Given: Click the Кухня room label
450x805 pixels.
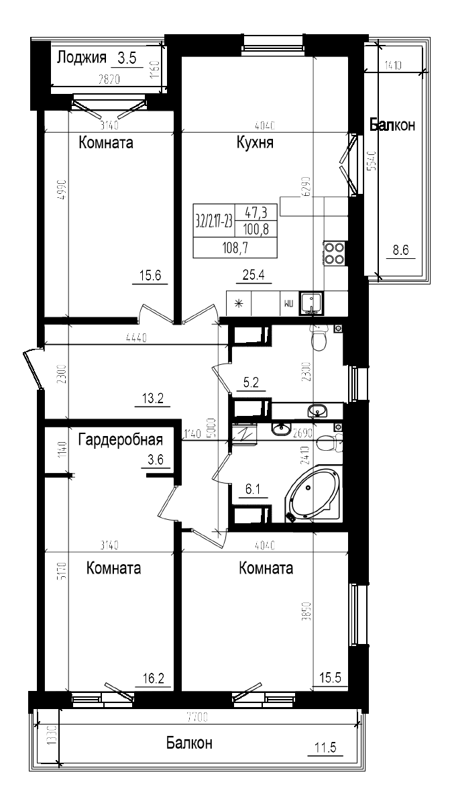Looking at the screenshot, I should (x=254, y=143).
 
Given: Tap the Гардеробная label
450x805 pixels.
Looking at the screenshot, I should (x=121, y=440).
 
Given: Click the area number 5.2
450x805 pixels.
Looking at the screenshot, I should (x=251, y=383).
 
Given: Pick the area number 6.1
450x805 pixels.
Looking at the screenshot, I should (x=253, y=490).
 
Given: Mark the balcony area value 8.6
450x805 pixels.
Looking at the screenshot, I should (x=400, y=250).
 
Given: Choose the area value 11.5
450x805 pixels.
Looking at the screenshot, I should (x=325, y=747).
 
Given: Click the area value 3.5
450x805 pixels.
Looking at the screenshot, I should (x=127, y=58).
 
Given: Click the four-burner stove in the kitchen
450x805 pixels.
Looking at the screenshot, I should (x=335, y=253).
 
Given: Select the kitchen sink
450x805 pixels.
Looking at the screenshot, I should (x=311, y=303).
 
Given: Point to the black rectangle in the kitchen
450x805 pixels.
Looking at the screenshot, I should (x=235, y=231).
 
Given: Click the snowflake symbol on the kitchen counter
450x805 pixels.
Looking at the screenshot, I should (x=237, y=303).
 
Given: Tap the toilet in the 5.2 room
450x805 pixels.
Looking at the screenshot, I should (x=320, y=338).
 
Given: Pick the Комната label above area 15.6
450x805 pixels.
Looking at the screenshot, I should (x=105, y=143).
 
